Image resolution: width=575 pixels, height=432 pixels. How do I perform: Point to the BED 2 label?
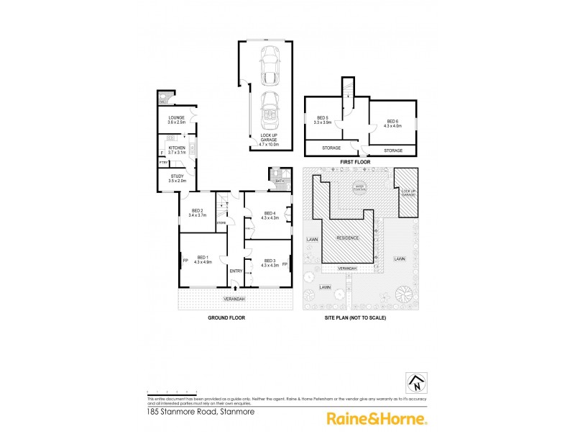(x=196, y=212)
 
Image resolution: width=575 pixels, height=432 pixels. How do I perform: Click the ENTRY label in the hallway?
(x=236, y=271)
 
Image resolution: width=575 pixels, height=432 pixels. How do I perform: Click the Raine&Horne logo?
(x=377, y=418)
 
